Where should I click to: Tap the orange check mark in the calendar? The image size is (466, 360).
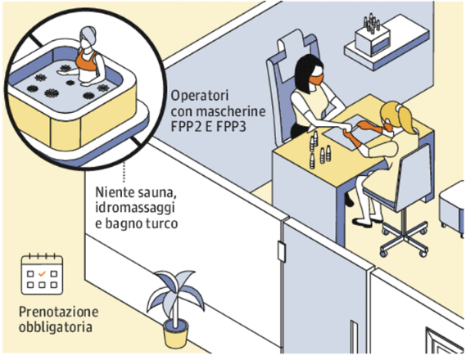(42, 273)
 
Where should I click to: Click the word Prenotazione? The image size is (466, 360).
(58, 312)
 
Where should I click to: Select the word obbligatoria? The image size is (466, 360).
(55, 327)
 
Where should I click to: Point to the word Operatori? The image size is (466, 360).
(200, 96)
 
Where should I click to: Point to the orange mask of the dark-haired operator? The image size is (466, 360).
(316, 79)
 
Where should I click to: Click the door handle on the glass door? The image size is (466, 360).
(281, 252)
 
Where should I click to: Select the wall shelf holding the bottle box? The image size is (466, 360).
(387, 44)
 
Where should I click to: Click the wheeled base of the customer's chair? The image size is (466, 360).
(405, 239)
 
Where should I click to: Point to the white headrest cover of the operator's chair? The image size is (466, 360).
(292, 56)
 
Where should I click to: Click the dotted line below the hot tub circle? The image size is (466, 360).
(124, 172)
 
